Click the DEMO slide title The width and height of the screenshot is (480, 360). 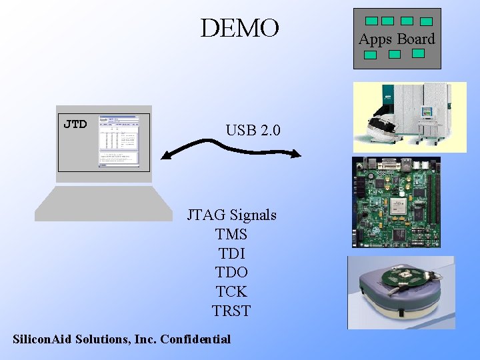(239, 28)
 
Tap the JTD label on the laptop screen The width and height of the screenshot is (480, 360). (75, 124)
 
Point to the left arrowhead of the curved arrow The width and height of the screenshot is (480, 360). (166, 156)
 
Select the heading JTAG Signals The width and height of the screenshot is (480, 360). (231, 215)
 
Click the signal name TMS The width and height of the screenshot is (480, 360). (231, 234)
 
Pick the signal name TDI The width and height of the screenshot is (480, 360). (231, 253)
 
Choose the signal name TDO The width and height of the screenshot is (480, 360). (231, 272)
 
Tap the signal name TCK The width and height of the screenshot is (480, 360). (231, 291)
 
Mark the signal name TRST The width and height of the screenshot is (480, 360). (231, 311)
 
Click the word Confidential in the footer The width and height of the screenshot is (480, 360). (195, 339)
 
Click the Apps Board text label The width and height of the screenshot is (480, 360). (397, 39)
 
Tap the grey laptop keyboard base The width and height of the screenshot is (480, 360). (103, 203)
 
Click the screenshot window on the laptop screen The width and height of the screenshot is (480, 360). (119, 141)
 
